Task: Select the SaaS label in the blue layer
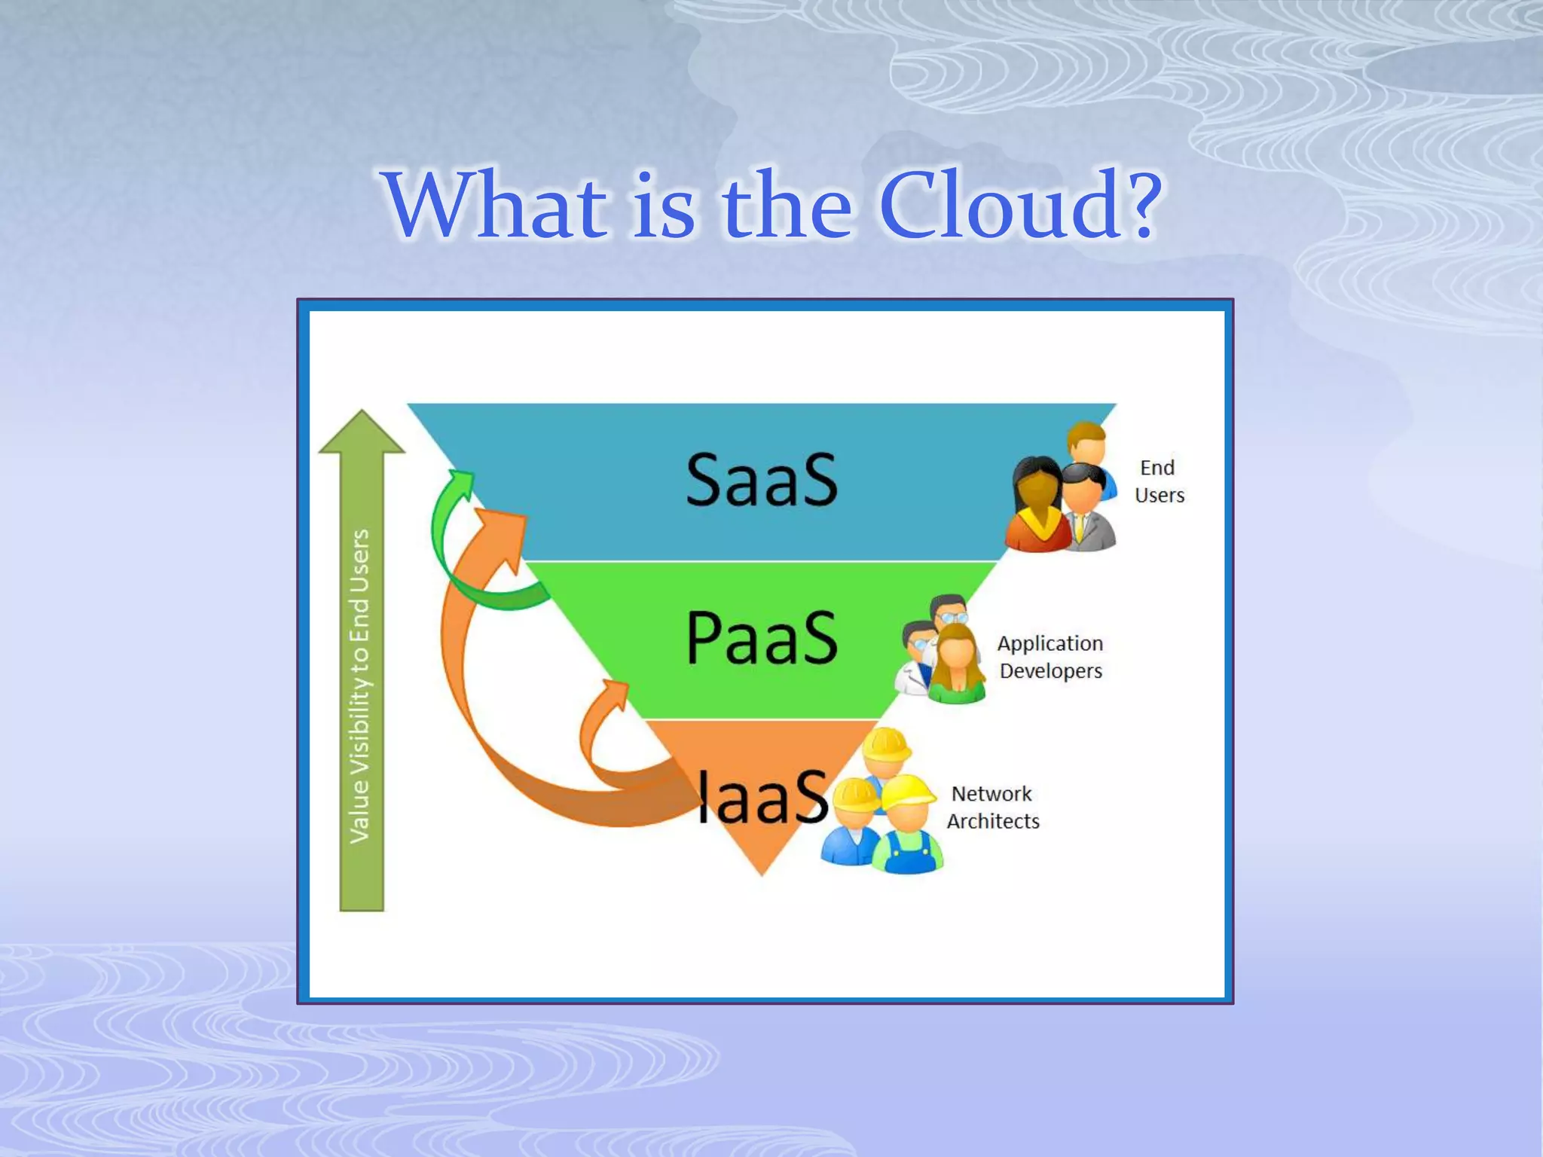coord(761,480)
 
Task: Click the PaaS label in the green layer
coord(761,639)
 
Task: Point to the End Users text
coord(1159,481)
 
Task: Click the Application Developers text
coord(1050,657)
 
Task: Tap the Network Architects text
coord(992,807)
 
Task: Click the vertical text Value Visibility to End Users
coord(361,685)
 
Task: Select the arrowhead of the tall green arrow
coord(362,432)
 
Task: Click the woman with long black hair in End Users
coord(1037,505)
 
